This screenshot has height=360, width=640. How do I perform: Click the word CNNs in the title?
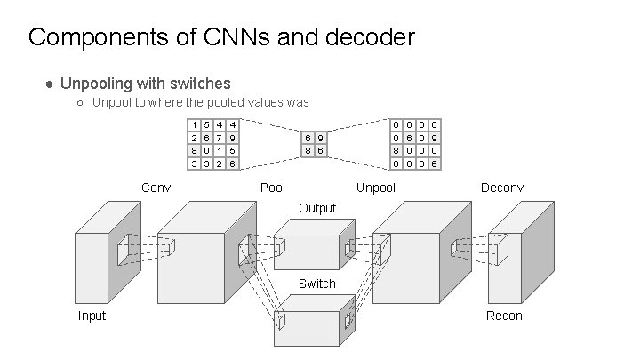pos(236,36)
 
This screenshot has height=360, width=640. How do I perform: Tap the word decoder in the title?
pos(370,36)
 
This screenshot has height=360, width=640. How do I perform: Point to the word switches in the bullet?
pos(200,84)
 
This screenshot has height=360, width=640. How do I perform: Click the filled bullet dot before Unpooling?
pos(50,84)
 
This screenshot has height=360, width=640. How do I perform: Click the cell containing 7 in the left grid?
pos(220,138)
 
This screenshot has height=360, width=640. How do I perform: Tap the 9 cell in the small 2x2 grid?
pos(320,138)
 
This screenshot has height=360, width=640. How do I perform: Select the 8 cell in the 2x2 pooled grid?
pos(308,150)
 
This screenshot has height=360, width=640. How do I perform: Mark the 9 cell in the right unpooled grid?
pos(435,138)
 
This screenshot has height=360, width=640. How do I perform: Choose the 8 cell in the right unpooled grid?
pos(396,150)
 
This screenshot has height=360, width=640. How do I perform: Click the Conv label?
pos(156,188)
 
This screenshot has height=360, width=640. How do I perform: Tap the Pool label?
pos(273,188)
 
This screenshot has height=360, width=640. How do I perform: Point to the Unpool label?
pos(375,188)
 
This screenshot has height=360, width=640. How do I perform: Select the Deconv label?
pos(502,188)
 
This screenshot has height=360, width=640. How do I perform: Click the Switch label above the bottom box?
pos(317,284)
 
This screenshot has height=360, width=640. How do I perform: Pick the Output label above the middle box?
pos(317,208)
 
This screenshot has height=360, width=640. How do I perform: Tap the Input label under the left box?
pos(92,316)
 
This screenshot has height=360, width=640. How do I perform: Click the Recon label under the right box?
pos(504,316)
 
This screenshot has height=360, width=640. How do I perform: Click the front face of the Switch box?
pos(307,329)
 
